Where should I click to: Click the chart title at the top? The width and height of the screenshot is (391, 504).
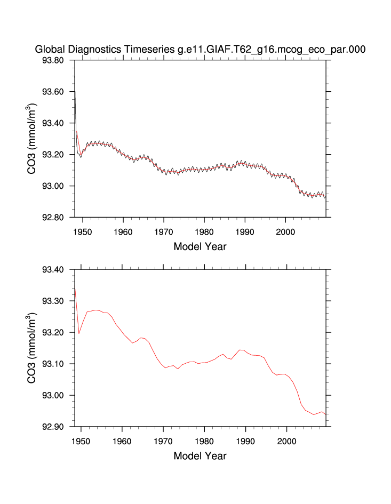(x=200, y=49)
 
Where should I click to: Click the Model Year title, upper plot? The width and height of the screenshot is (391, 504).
(x=200, y=246)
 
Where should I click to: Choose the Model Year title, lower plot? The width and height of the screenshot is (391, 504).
(x=200, y=456)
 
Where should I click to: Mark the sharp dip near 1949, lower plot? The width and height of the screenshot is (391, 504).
(x=79, y=333)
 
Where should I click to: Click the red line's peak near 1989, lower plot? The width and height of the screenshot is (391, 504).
(x=241, y=350)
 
